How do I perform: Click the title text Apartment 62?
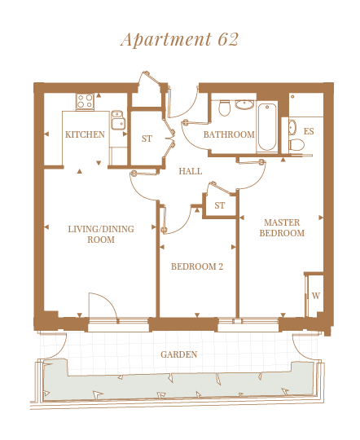pos(179,39)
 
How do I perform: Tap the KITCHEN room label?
pos(85,134)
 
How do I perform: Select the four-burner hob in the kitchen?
pos(85,101)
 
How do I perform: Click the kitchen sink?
pos(118,120)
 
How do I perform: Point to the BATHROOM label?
pos(229,134)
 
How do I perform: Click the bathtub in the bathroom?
pos(267,127)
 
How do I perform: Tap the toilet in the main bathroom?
pos(225,108)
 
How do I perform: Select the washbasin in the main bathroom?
pos(244,105)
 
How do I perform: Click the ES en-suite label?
pos(309,131)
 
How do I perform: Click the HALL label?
pos(191,171)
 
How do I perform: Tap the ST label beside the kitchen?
pos(147,139)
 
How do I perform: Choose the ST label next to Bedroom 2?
pos(219,205)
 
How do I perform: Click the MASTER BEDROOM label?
pos(282,228)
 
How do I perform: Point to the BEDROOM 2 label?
pos(197,266)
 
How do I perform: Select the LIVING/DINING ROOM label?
pos(101,235)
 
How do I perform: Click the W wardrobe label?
pos(316,296)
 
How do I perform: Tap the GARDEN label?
pos(178,354)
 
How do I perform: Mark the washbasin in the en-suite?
pos(292,127)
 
